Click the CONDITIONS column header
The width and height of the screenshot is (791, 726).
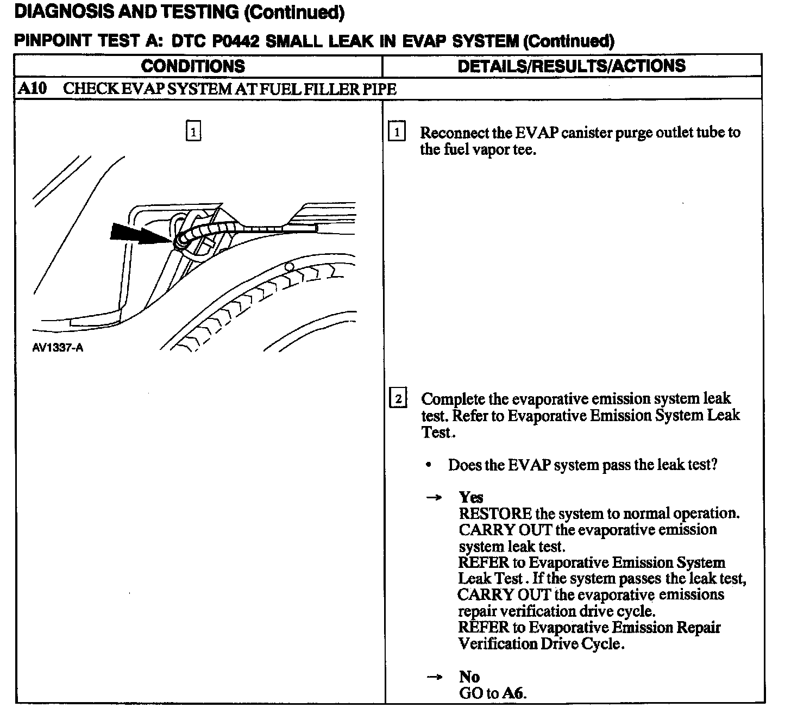coord(193,66)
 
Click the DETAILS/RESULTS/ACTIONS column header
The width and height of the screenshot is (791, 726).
coord(572,66)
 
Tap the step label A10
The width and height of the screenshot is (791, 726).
coord(32,89)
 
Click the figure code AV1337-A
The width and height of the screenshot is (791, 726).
coord(58,348)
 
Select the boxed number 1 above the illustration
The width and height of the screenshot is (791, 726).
coord(193,131)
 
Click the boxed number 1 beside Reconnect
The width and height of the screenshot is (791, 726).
coord(397,132)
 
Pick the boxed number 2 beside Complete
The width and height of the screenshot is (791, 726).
coord(398,399)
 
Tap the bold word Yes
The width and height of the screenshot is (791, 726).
coord(470,497)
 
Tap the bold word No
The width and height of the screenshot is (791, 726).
coord(469,677)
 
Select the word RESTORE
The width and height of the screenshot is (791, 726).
coord(495,514)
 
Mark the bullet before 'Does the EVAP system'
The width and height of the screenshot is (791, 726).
coord(429,465)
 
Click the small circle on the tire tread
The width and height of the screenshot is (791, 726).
coord(290,267)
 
